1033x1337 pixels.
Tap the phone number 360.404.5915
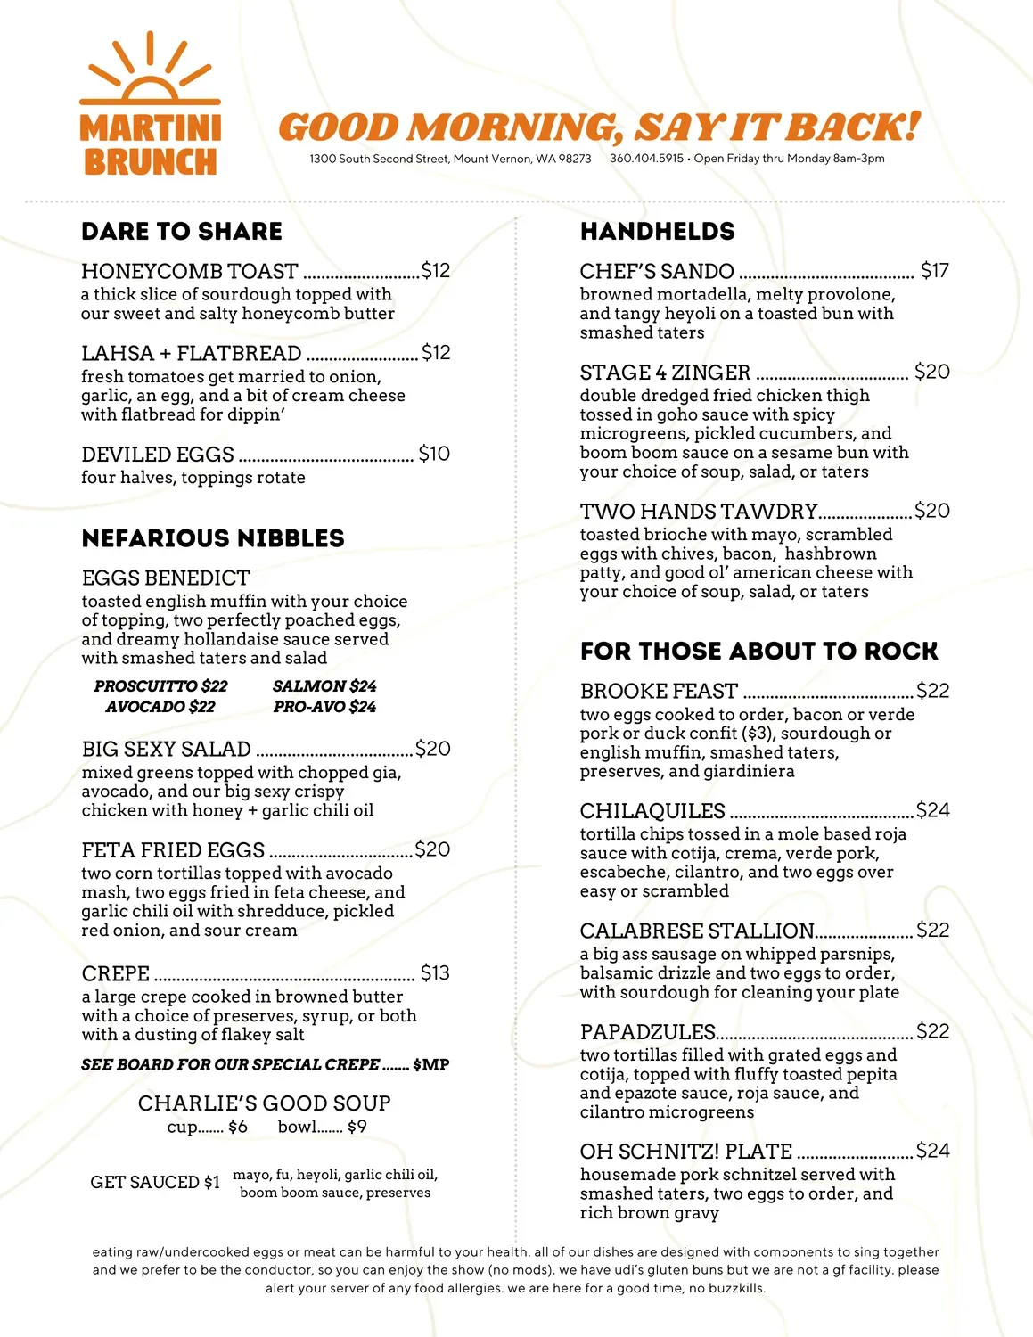coord(646,159)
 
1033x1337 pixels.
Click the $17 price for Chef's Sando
coord(934,270)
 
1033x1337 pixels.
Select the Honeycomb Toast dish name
coord(189,271)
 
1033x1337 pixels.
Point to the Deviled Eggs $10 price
coord(434,454)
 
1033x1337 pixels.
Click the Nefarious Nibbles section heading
coord(212,538)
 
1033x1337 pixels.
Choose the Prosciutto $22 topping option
coord(160,686)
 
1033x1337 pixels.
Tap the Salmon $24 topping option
coord(324,686)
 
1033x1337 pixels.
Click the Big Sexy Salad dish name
coord(166,749)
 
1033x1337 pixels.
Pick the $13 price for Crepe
coord(435,972)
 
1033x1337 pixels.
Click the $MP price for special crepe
coord(431,1065)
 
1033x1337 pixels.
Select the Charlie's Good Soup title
coord(264,1103)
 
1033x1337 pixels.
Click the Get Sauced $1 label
coord(155,1183)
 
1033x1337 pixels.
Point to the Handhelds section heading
coord(657,232)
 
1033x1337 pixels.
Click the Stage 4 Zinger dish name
coord(665,373)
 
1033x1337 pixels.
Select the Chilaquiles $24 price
coord(932,810)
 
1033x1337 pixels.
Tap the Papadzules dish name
coord(647,1032)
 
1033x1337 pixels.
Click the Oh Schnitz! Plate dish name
coord(685,1152)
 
